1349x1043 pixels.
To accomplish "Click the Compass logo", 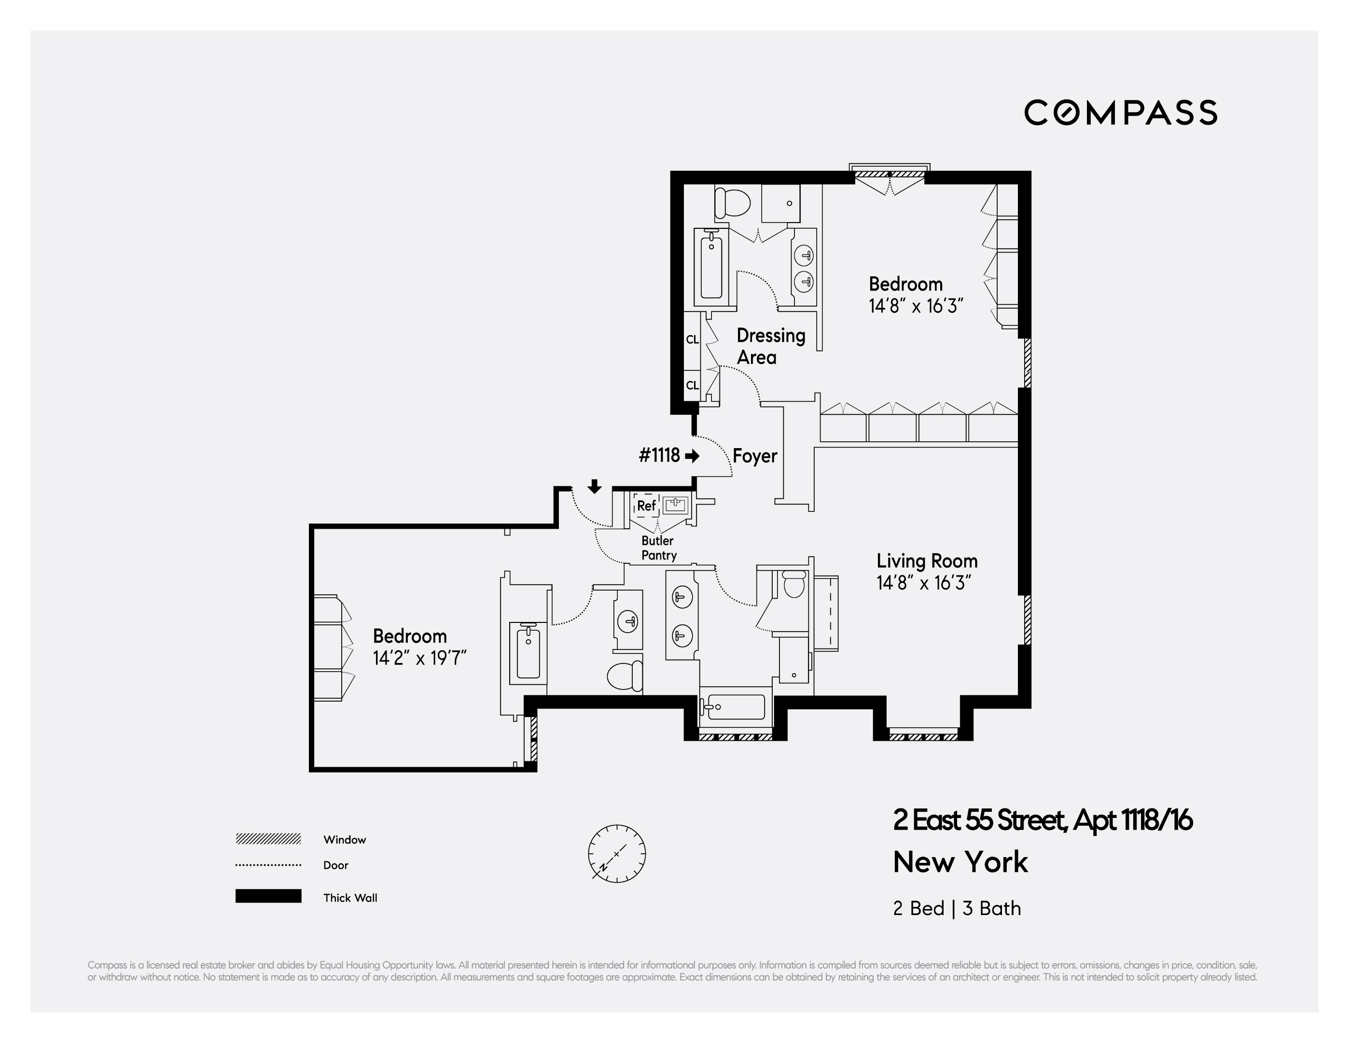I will (1120, 113).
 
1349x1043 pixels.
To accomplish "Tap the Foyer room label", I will (754, 456).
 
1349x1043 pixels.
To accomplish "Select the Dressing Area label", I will (770, 346).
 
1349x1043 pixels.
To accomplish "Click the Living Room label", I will (927, 561).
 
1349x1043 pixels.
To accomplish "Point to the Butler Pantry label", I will (658, 548).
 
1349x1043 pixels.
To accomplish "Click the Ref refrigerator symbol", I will (646, 506).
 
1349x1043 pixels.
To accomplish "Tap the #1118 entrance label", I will (659, 455).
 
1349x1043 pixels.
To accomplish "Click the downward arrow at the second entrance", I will (594, 486).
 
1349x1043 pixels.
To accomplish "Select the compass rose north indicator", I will (616, 853).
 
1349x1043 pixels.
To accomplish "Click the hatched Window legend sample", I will (268, 838).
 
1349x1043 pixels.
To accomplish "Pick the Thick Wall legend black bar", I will (268, 896).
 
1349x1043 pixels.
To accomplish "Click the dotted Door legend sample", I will (268, 865).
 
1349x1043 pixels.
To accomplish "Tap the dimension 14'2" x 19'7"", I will (419, 658).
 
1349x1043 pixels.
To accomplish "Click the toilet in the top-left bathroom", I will (732, 202).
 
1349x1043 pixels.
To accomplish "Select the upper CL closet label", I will (692, 339).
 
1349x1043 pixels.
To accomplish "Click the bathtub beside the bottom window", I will (735, 707).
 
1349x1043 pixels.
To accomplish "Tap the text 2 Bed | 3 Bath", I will (956, 908).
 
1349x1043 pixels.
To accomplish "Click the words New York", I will (960, 862).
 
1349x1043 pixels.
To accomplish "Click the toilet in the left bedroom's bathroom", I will (625, 676).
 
